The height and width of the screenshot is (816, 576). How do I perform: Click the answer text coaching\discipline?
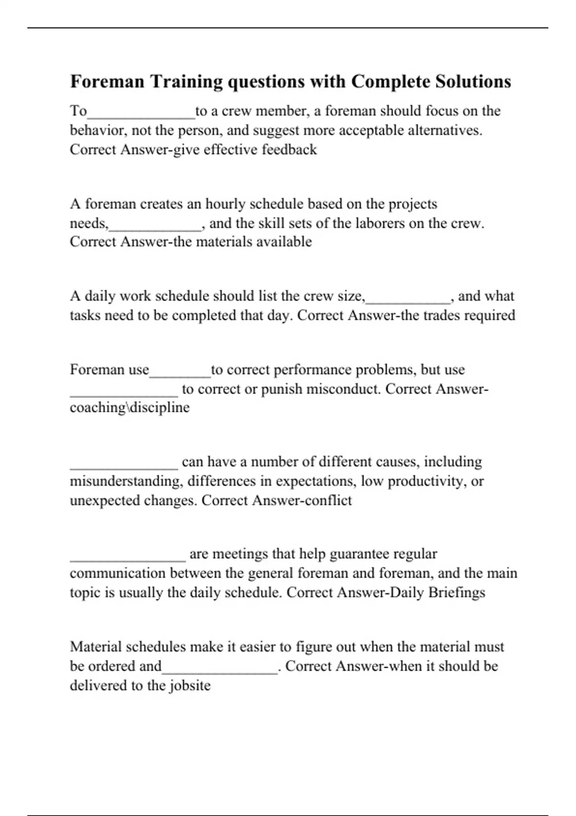pyautogui.click(x=130, y=408)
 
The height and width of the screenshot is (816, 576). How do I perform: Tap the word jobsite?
pyautogui.click(x=190, y=685)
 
